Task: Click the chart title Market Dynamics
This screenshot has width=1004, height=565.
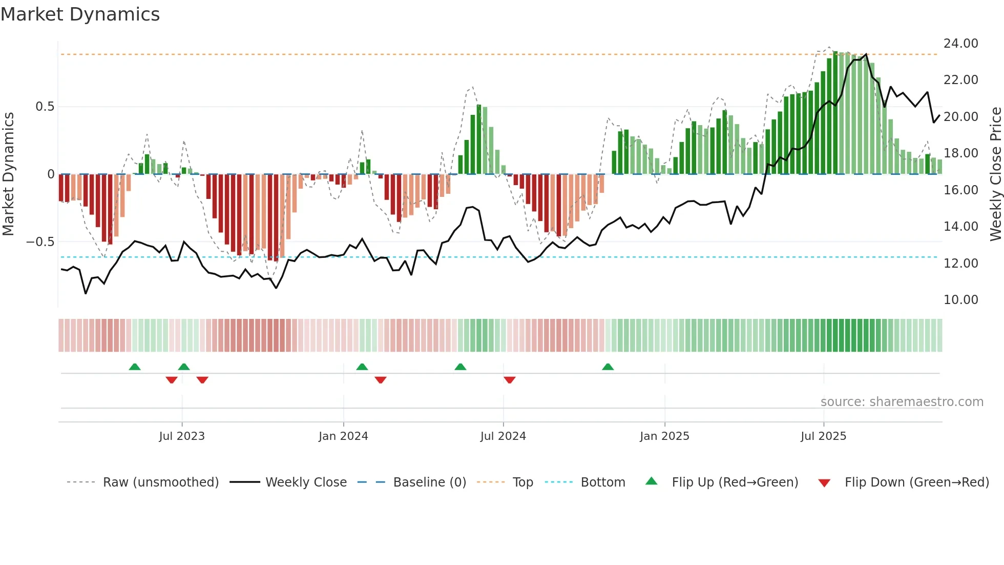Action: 80,14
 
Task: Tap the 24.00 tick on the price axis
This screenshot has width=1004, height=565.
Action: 960,44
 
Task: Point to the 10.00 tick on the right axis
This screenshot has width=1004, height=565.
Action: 960,300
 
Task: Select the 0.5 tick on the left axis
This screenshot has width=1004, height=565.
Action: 45,107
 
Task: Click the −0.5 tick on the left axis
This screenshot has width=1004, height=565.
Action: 40,242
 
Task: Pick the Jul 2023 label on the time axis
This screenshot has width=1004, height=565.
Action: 181,436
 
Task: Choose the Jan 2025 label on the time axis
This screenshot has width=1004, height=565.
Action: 664,436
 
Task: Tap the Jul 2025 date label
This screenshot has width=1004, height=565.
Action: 823,436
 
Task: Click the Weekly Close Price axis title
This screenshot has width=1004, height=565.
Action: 995,174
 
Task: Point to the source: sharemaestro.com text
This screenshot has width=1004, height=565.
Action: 902,402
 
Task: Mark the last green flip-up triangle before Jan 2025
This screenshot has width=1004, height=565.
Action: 608,367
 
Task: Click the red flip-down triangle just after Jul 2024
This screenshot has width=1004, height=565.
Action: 509,380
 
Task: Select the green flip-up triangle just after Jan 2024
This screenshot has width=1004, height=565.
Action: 362,367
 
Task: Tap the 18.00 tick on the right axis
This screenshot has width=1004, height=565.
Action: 960,153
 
